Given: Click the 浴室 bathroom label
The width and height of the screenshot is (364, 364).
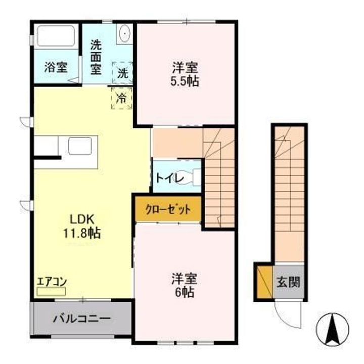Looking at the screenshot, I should click(x=55, y=67).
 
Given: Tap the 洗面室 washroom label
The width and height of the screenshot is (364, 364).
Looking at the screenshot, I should click(x=96, y=57).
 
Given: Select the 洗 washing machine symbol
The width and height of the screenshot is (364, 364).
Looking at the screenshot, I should click(x=123, y=72).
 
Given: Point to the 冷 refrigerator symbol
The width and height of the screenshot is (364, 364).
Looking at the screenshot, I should click(x=121, y=98).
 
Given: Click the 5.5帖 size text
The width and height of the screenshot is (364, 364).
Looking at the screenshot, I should click(x=185, y=81).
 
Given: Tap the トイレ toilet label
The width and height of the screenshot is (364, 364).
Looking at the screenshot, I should click(x=166, y=177).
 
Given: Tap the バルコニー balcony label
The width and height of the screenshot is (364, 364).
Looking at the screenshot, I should click(x=81, y=319).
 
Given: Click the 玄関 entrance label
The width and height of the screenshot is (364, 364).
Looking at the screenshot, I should click(x=288, y=282).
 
